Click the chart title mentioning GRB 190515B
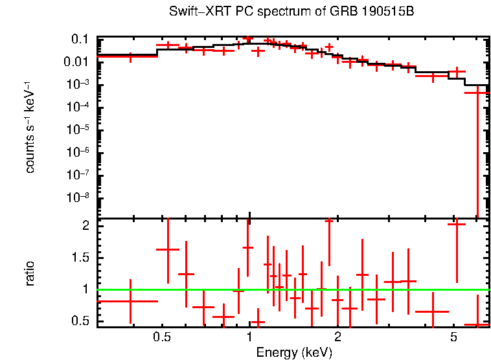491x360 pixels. click(x=291, y=12)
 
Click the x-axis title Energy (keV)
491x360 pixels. click(x=293, y=353)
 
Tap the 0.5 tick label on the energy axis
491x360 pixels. click(x=162, y=337)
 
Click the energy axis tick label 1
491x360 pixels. click(x=249, y=337)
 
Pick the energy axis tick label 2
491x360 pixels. click(x=337, y=337)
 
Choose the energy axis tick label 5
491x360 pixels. click(x=453, y=337)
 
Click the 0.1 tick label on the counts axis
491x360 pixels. click(x=79, y=39)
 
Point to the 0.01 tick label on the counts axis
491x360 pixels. click(x=76, y=62)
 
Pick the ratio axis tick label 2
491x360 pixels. click(x=85, y=226)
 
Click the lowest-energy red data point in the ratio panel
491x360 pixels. click(x=131, y=301)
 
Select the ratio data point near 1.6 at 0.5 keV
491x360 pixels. click(x=168, y=249)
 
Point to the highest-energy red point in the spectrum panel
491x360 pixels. click(x=477, y=93)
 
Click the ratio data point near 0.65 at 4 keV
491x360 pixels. click(x=432, y=311)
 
